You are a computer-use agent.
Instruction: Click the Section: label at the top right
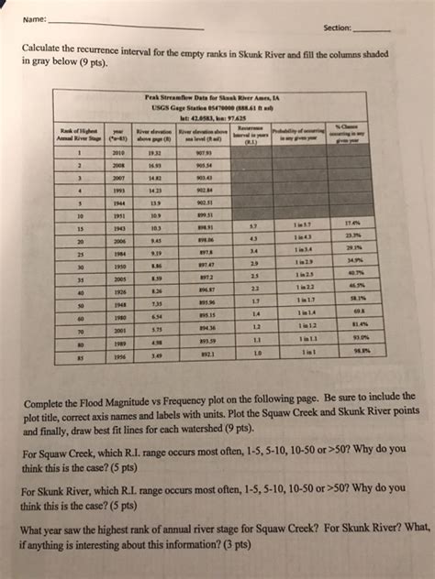click(337, 27)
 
